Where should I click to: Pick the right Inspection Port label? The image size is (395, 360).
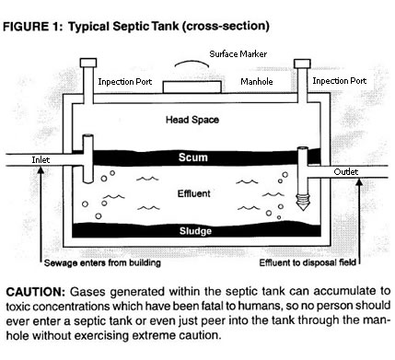(342, 80)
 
